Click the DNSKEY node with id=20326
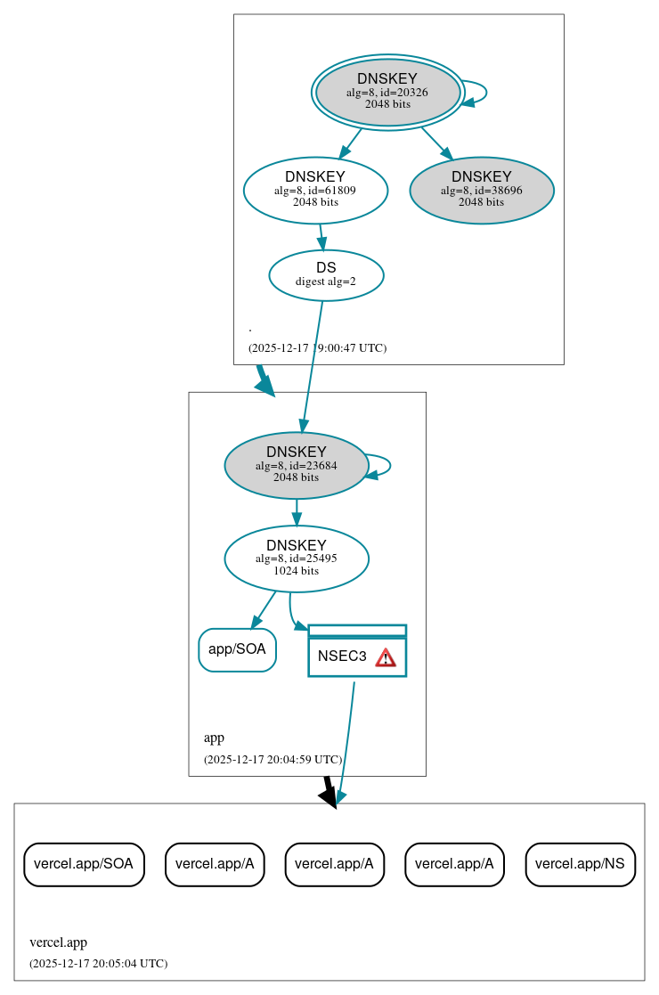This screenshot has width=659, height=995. pyautogui.click(x=387, y=92)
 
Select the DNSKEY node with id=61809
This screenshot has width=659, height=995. pyautogui.click(x=315, y=189)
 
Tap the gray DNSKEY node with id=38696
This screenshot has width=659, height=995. pyautogui.click(x=482, y=190)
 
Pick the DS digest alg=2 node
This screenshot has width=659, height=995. pyautogui.click(x=326, y=274)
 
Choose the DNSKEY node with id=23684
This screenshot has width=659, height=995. pyautogui.click(x=297, y=465)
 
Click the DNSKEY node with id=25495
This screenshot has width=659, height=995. pyautogui.click(x=297, y=559)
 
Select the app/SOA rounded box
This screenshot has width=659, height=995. pyautogui.click(x=237, y=649)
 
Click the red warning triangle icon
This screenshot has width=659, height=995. pyautogui.click(x=385, y=657)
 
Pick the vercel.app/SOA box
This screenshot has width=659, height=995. pyautogui.click(x=84, y=864)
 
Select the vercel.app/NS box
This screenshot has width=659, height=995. pyautogui.click(x=581, y=864)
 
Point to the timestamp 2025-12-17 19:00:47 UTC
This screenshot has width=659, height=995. pyautogui.click(x=317, y=347)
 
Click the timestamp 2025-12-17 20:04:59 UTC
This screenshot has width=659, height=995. pyautogui.click(x=273, y=760)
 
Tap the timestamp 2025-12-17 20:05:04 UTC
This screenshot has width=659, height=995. pyautogui.click(x=98, y=963)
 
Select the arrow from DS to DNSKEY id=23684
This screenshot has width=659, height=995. pyautogui.click(x=312, y=365)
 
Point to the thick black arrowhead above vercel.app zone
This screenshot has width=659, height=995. pyautogui.click(x=329, y=795)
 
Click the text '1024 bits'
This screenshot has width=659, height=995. pyautogui.click(x=297, y=571)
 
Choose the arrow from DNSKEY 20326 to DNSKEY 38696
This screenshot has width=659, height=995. pyautogui.click(x=436, y=143)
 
